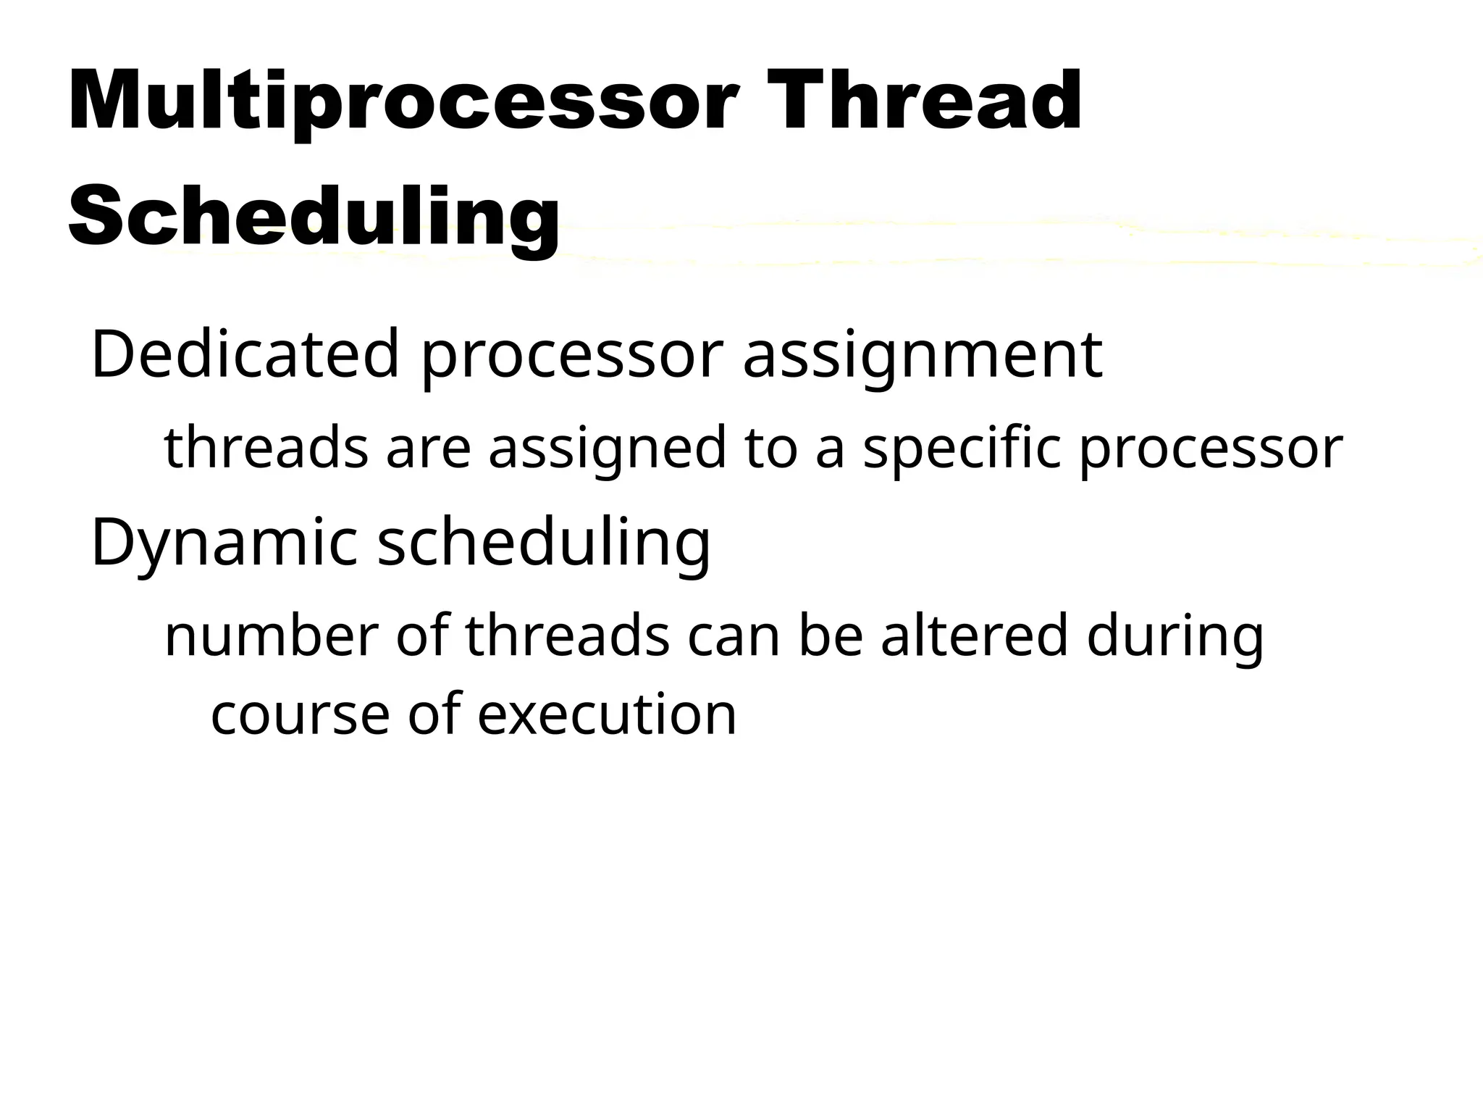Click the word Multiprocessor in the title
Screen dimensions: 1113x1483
pos(403,101)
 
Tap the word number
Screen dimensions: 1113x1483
pos(272,636)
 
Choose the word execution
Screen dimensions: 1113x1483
pos(607,714)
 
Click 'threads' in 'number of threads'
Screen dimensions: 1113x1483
pos(567,636)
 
